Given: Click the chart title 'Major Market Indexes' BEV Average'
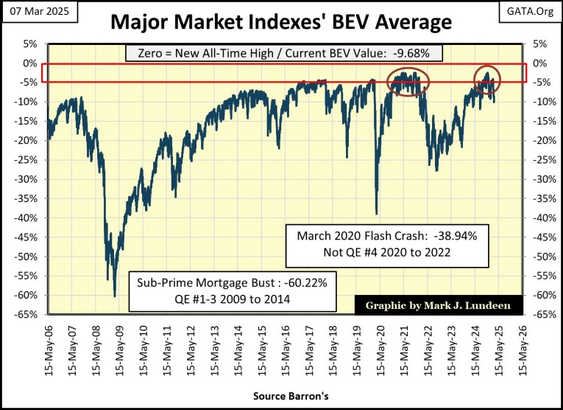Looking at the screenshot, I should (x=281, y=22).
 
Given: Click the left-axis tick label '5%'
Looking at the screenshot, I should (x=30, y=44).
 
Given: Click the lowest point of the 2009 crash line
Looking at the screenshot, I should (x=115, y=296).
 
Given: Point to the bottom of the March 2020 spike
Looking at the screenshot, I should (x=376, y=214).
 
